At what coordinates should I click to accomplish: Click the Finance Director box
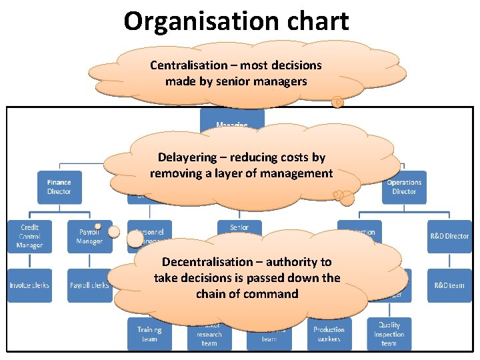click(x=59, y=187)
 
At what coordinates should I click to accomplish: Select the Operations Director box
click(x=404, y=187)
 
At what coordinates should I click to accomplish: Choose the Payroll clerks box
click(x=89, y=285)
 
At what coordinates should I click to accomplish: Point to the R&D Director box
click(x=449, y=236)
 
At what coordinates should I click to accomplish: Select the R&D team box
click(x=449, y=285)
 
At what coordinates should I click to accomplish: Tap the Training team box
click(x=149, y=334)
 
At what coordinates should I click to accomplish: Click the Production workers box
click(x=329, y=334)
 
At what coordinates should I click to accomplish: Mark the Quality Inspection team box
click(x=389, y=334)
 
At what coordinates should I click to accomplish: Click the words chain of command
click(x=247, y=294)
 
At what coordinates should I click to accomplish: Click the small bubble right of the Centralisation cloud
click(x=337, y=102)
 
